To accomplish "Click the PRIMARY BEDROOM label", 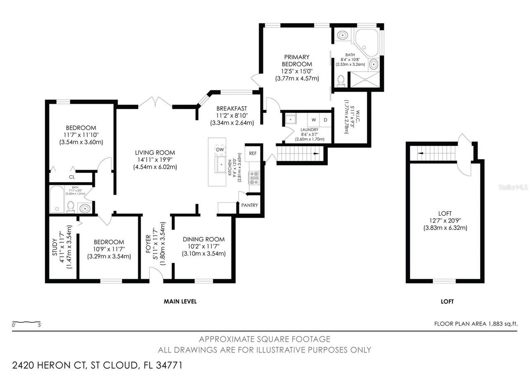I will point(296,60).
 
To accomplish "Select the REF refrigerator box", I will point(253,153).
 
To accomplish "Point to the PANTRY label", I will point(250,205).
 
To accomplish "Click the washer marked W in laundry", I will point(314,120).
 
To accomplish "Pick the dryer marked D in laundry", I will point(325,120).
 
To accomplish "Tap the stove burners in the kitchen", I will point(254,177).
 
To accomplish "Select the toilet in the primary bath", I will point(341,80).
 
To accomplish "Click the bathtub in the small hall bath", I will point(57,199).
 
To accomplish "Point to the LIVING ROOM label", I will point(155,152).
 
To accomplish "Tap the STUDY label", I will point(55,249).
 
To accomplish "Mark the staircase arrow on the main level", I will point(316,153).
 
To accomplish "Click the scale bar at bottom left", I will point(26,322).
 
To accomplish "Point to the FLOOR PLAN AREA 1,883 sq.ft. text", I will point(476,324).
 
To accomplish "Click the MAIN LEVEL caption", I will point(180,302).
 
